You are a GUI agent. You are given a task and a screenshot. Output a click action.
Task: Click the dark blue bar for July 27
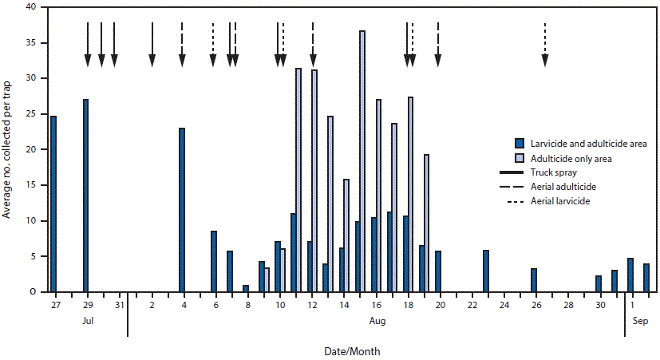[53, 204]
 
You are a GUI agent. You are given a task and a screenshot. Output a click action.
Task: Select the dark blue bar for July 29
[85, 196]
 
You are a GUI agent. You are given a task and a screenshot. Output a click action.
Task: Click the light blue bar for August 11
[298, 180]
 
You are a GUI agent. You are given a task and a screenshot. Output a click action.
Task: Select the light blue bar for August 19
[426, 223]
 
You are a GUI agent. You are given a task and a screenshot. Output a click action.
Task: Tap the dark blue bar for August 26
[534, 280]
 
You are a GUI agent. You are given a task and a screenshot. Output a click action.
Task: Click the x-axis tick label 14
[343, 305]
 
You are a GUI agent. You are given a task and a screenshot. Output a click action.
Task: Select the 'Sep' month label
[638, 320]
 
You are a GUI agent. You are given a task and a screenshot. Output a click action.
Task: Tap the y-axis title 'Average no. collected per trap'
[7, 149]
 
